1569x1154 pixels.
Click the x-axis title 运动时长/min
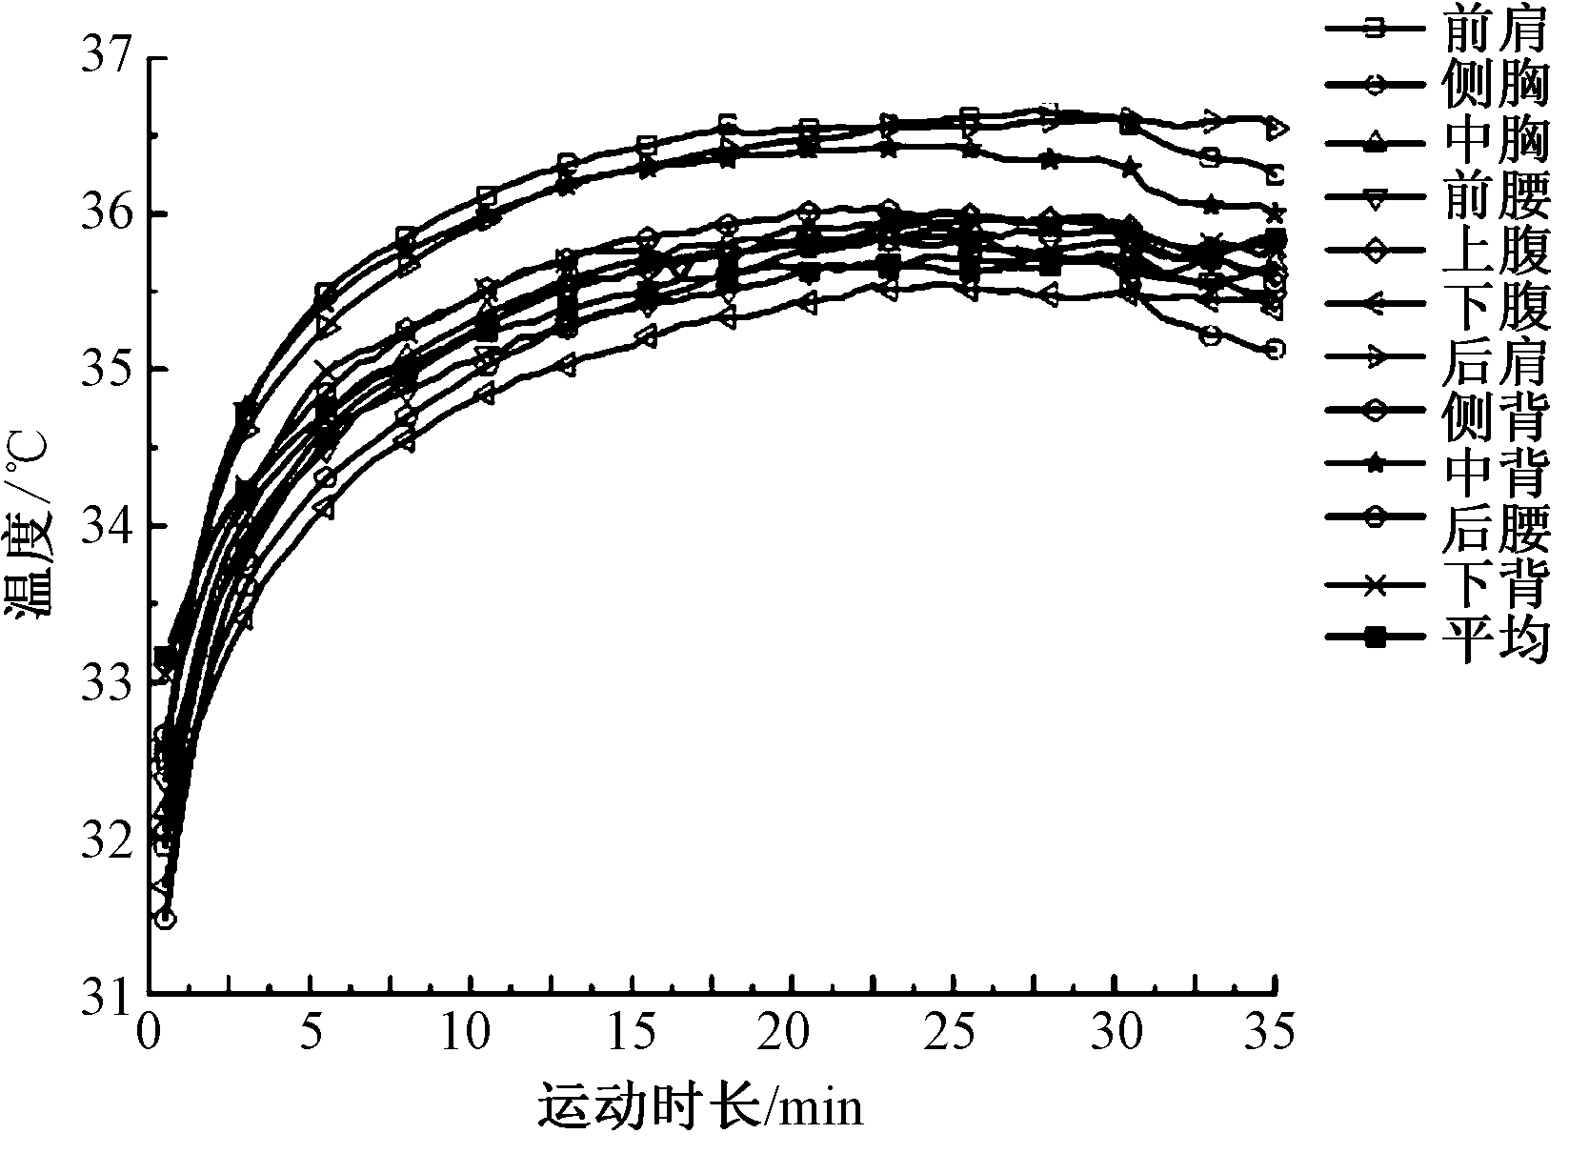(700, 1105)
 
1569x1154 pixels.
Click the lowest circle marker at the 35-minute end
(1275, 350)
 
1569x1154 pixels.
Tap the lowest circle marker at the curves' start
(165, 919)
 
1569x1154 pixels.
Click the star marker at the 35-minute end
(1275, 213)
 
